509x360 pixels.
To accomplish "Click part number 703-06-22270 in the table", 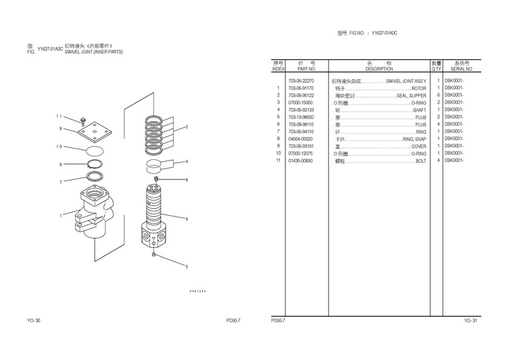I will point(301,81).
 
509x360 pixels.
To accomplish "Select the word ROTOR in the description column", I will point(419,88).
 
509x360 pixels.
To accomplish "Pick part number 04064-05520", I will point(301,139).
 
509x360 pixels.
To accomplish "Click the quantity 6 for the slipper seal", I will point(437,95).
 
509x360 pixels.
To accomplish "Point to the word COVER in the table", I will point(419,146).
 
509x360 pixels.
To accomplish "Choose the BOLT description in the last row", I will point(421,161).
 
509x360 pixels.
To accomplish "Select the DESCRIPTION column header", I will point(379,69).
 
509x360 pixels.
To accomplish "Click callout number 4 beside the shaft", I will point(187,219).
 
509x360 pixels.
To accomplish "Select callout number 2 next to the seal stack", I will point(187,127).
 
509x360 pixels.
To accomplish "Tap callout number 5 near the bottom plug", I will point(187,267).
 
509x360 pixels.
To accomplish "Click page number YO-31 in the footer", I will point(471,320).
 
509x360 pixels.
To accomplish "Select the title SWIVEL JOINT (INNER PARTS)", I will point(93,53).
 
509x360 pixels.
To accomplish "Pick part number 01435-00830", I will point(301,161).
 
